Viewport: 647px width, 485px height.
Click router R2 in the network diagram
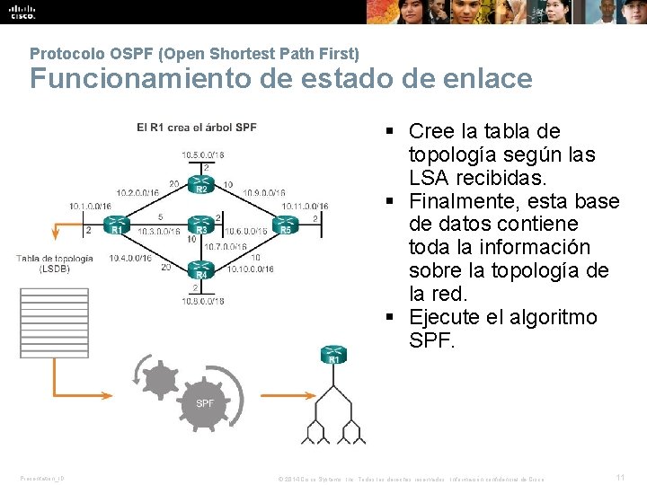pos(200,183)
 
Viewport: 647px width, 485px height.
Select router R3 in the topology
pos(200,224)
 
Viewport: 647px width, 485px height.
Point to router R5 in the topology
pos(286,224)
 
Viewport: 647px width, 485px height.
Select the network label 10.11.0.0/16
pos(305,206)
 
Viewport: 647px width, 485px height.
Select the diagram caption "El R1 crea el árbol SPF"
pos(197,128)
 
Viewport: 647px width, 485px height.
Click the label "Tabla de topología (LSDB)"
pos(54,263)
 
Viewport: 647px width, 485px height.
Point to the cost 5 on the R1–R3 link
pos(159,217)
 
